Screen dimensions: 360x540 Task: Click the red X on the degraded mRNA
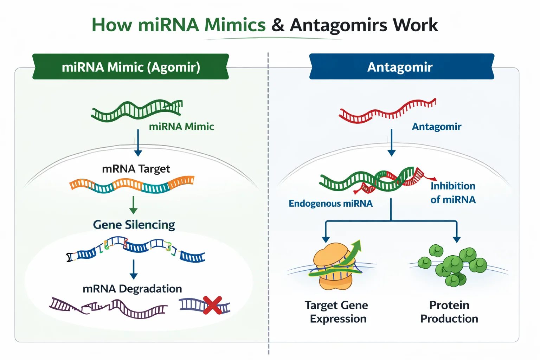[x=212, y=305]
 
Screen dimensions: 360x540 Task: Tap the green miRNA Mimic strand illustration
[x=137, y=110]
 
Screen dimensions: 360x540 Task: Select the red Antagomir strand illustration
[x=387, y=111]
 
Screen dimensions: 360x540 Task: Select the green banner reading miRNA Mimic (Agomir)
[x=131, y=67]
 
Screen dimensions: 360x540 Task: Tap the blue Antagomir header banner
[x=401, y=67]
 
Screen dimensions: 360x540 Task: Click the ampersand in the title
[x=278, y=25]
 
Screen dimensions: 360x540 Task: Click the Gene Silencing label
[x=134, y=225]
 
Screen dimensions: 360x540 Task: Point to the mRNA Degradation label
[x=132, y=289]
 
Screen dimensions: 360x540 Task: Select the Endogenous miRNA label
[x=330, y=204]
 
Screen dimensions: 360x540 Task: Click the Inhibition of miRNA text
[x=453, y=193]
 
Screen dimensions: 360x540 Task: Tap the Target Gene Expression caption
[x=337, y=312]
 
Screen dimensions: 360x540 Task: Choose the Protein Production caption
[x=449, y=312]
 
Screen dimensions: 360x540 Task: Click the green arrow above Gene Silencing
[x=133, y=205]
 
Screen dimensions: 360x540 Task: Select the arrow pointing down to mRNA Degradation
[x=134, y=269]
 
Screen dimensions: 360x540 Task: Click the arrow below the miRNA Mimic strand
[x=138, y=143]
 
